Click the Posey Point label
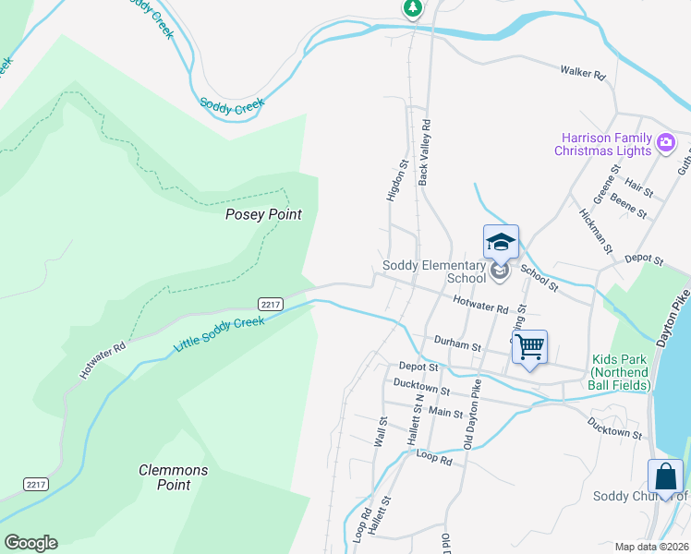pyautogui.click(x=263, y=214)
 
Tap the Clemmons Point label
pyautogui.click(x=174, y=477)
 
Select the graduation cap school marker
pyautogui.click(x=501, y=244)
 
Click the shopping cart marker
pyautogui.click(x=529, y=348)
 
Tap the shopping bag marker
pyautogui.click(x=665, y=477)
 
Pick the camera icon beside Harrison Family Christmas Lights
pyautogui.click(x=667, y=142)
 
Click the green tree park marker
pyautogui.click(x=413, y=7)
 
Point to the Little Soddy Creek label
pyautogui.click(x=219, y=334)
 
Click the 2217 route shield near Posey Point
pyautogui.click(x=270, y=304)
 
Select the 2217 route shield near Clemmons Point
pyautogui.click(x=35, y=484)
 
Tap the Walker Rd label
pyautogui.click(x=582, y=70)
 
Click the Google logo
pyautogui.click(x=30, y=543)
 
